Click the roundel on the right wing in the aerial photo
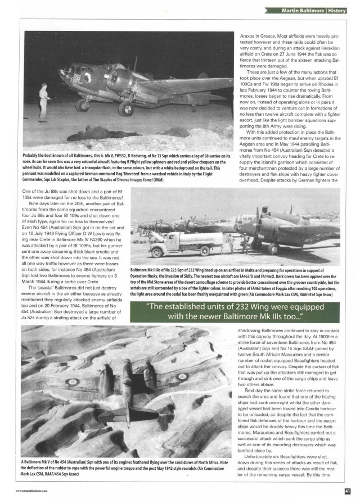click(x=181, y=376)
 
